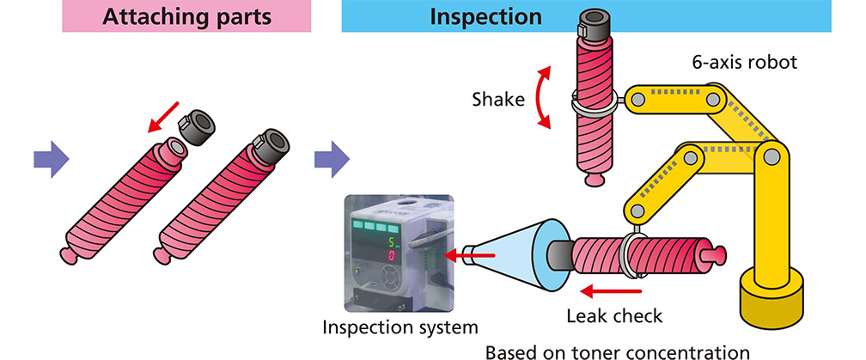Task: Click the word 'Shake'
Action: point(498,99)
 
